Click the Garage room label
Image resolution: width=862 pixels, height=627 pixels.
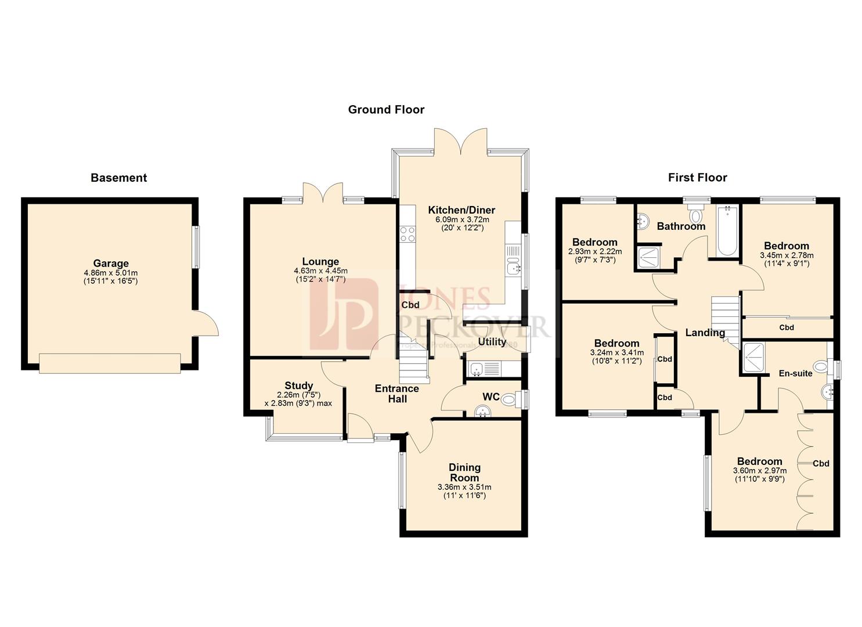[110, 264]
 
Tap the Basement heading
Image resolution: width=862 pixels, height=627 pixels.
[118, 178]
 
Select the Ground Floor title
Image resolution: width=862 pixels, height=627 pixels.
[386, 109]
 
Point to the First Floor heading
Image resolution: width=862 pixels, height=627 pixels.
[697, 178]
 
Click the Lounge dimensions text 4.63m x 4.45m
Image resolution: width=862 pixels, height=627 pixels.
[320, 271]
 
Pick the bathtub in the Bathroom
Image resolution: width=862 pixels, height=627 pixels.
[726, 231]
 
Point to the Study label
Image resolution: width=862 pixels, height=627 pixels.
[299, 385]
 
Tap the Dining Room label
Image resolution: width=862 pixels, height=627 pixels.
[464, 473]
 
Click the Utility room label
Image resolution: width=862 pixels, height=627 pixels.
[492, 342]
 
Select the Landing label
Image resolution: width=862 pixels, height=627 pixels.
[705, 333]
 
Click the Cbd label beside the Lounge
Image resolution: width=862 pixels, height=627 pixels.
[410, 305]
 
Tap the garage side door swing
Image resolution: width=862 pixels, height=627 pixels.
[206, 323]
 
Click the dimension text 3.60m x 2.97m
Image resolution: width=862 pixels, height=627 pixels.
[759, 471]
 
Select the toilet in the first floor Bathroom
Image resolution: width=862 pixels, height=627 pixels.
[695, 214]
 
